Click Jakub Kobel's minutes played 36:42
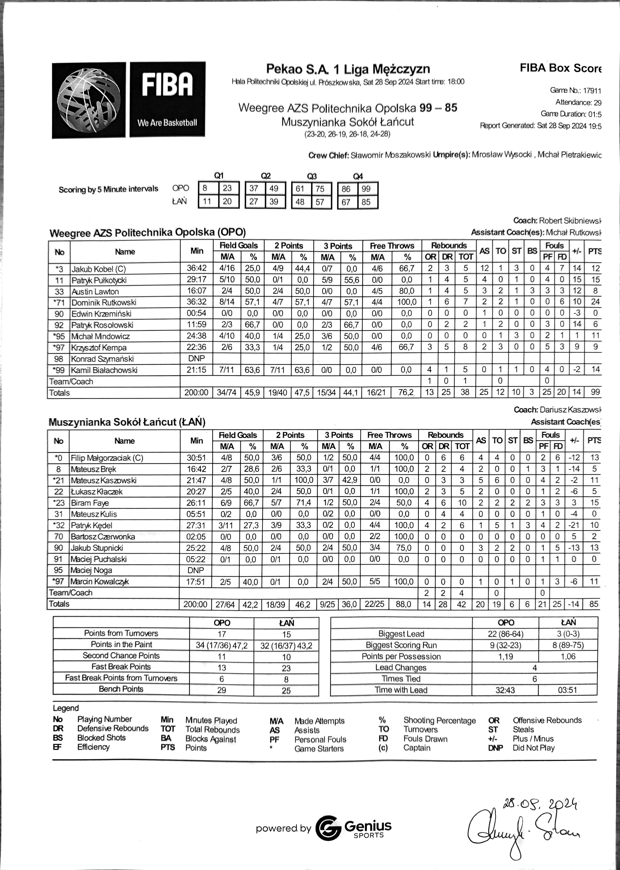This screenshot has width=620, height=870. coord(197,268)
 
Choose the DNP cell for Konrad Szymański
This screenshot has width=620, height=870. coord(197,359)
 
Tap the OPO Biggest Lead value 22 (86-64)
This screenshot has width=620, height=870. coord(505,634)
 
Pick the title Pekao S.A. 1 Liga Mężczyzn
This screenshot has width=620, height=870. coord(348,69)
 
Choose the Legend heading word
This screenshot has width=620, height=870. coord(66,708)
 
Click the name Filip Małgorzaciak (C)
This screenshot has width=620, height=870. coord(101,458)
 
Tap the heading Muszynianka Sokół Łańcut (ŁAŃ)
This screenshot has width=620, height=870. coord(127,422)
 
